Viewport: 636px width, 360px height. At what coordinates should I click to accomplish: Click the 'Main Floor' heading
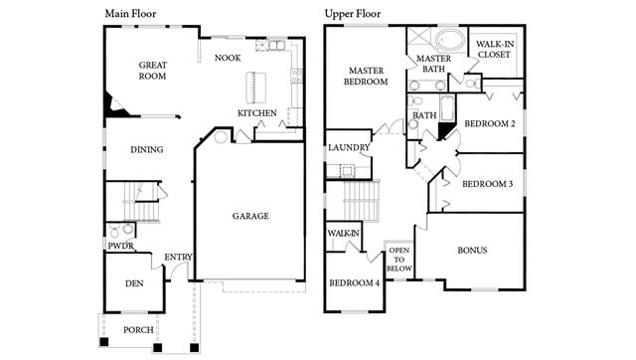(x=130, y=14)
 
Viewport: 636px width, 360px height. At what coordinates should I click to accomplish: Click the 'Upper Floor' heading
(x=353, y=14)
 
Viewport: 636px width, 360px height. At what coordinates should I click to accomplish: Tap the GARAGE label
(x=250, y=216)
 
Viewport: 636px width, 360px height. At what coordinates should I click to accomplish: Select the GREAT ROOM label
(x=152, y=71)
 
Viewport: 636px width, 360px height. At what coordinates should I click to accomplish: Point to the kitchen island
(x=256, y=88)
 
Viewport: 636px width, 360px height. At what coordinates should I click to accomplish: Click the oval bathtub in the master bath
(x=450, y=40)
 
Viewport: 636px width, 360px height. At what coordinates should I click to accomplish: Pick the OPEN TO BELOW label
(x=398, y=260)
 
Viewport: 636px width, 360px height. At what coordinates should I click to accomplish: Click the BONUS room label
(x=472, y=251)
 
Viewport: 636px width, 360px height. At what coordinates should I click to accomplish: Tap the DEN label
(x=134, y=283)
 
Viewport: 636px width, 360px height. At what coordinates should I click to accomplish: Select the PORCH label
(x=138, y=330)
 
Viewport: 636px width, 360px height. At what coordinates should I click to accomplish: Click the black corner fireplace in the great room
(x=114, y=105)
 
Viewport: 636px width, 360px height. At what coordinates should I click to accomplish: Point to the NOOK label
(x=228, y=58)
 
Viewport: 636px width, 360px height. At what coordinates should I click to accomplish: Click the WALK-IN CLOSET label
(x=495, y=49)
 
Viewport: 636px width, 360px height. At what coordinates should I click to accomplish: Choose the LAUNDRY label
(x=349, y=147)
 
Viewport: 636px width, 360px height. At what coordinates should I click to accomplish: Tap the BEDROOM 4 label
(x=354, y=282)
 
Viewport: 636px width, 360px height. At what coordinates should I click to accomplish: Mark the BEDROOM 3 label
(x=487, y=184)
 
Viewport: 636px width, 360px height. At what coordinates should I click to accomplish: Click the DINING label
(x=147, y=150)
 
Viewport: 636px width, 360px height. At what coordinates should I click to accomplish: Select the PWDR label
(x=121, y=246)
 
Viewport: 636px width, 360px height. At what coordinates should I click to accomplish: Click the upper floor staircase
(x=361, y=201)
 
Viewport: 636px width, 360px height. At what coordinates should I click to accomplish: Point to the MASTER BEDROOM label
(x=366, y=77)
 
